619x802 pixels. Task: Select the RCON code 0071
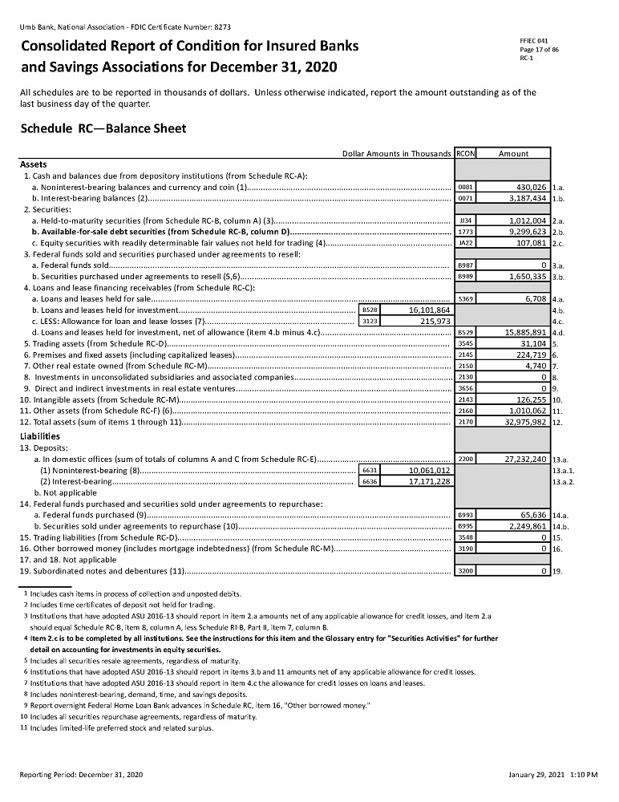point(464,196)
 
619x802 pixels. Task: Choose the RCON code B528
point(370,309)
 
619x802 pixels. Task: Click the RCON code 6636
point(370,481)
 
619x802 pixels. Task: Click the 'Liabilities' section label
point(40,436)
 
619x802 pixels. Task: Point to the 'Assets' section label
point(33,164)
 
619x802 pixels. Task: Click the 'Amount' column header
point(513,153)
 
